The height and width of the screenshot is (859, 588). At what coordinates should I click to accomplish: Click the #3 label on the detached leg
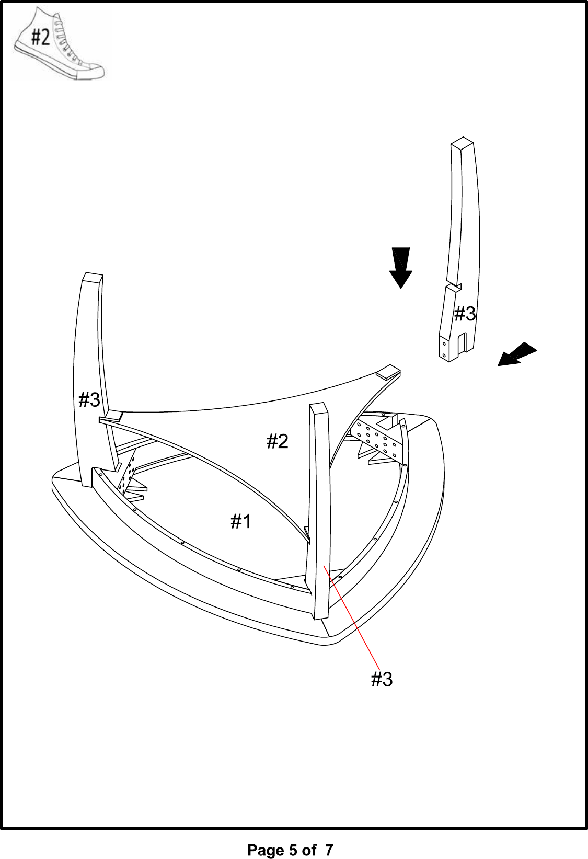click(x=465, y=314)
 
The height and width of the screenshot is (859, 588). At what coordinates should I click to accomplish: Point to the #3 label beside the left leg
click(x=89, y=400)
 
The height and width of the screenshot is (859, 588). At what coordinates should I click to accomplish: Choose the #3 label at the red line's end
click(x=382, y=680)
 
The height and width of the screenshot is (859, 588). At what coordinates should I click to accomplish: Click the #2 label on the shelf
click(x=277, y=442)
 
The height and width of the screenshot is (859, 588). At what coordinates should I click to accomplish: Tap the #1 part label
click(x=241, y=521)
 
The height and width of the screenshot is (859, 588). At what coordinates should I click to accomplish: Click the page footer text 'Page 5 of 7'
click(x=290, y=850)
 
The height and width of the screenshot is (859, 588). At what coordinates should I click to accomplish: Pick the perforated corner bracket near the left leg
click(x=128, y=473)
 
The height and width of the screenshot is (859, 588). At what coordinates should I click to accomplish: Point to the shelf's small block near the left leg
click(x=111, y=417)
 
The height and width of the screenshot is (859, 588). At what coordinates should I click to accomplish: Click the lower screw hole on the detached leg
click(x=444, y=355)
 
